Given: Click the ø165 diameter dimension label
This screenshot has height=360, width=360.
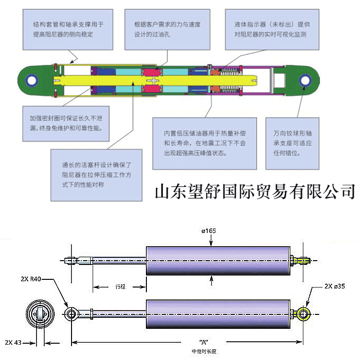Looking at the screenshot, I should coord(209,231).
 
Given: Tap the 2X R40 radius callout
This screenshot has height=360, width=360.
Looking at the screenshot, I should coord(31,279).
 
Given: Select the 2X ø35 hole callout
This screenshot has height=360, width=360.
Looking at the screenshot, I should coord(334,286).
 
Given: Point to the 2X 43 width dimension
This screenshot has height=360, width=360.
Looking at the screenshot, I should coord(13,342).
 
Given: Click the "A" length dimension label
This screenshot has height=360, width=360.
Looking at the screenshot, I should coord(203,342).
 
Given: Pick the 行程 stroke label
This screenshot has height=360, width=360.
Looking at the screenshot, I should coord(120,287).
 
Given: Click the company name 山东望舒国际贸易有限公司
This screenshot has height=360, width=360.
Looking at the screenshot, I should coord(255,191).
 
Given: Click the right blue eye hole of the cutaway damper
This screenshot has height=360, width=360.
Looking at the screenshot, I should coord(304,80).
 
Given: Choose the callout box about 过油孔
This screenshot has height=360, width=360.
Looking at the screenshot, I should coord(168,30).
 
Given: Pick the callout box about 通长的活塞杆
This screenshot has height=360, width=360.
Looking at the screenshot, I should coord(96,174).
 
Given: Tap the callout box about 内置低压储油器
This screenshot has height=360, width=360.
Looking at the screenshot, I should coord(204,143).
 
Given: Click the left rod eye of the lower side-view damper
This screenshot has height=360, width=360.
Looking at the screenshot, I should coord(71,313).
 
